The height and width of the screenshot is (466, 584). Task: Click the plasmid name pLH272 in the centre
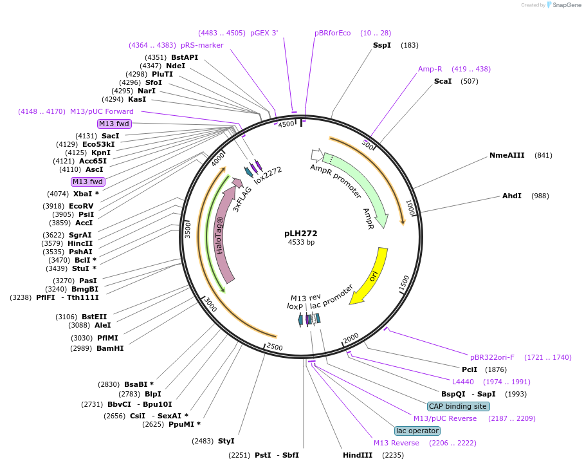(x=300, y=234)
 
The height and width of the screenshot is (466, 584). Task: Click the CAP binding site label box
(x=458, y=406)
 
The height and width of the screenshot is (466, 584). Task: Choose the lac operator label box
(x=417, y=431)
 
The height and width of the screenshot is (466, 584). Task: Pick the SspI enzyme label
(x=382, y=45)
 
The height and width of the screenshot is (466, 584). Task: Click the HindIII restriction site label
(x=358, y=455)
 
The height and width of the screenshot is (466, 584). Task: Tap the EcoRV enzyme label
(x=81, y=206)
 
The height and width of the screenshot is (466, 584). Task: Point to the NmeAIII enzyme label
(x=507, y=155)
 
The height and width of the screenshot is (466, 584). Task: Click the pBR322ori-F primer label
(x=492, y=357)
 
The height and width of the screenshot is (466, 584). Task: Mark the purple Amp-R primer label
(x=430, y=69)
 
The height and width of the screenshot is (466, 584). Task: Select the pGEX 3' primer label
(x=264, y=33)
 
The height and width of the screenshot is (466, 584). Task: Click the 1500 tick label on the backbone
(x=405, y=283)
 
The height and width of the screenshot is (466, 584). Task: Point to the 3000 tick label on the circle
(x=210, y=305)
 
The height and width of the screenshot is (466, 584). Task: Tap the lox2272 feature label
(x=268, y=175)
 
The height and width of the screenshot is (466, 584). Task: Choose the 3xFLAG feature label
(x=242, y=200)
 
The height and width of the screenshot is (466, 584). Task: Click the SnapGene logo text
(x=567, y=5)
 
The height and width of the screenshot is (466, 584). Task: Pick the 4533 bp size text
(x=301, y=242)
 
